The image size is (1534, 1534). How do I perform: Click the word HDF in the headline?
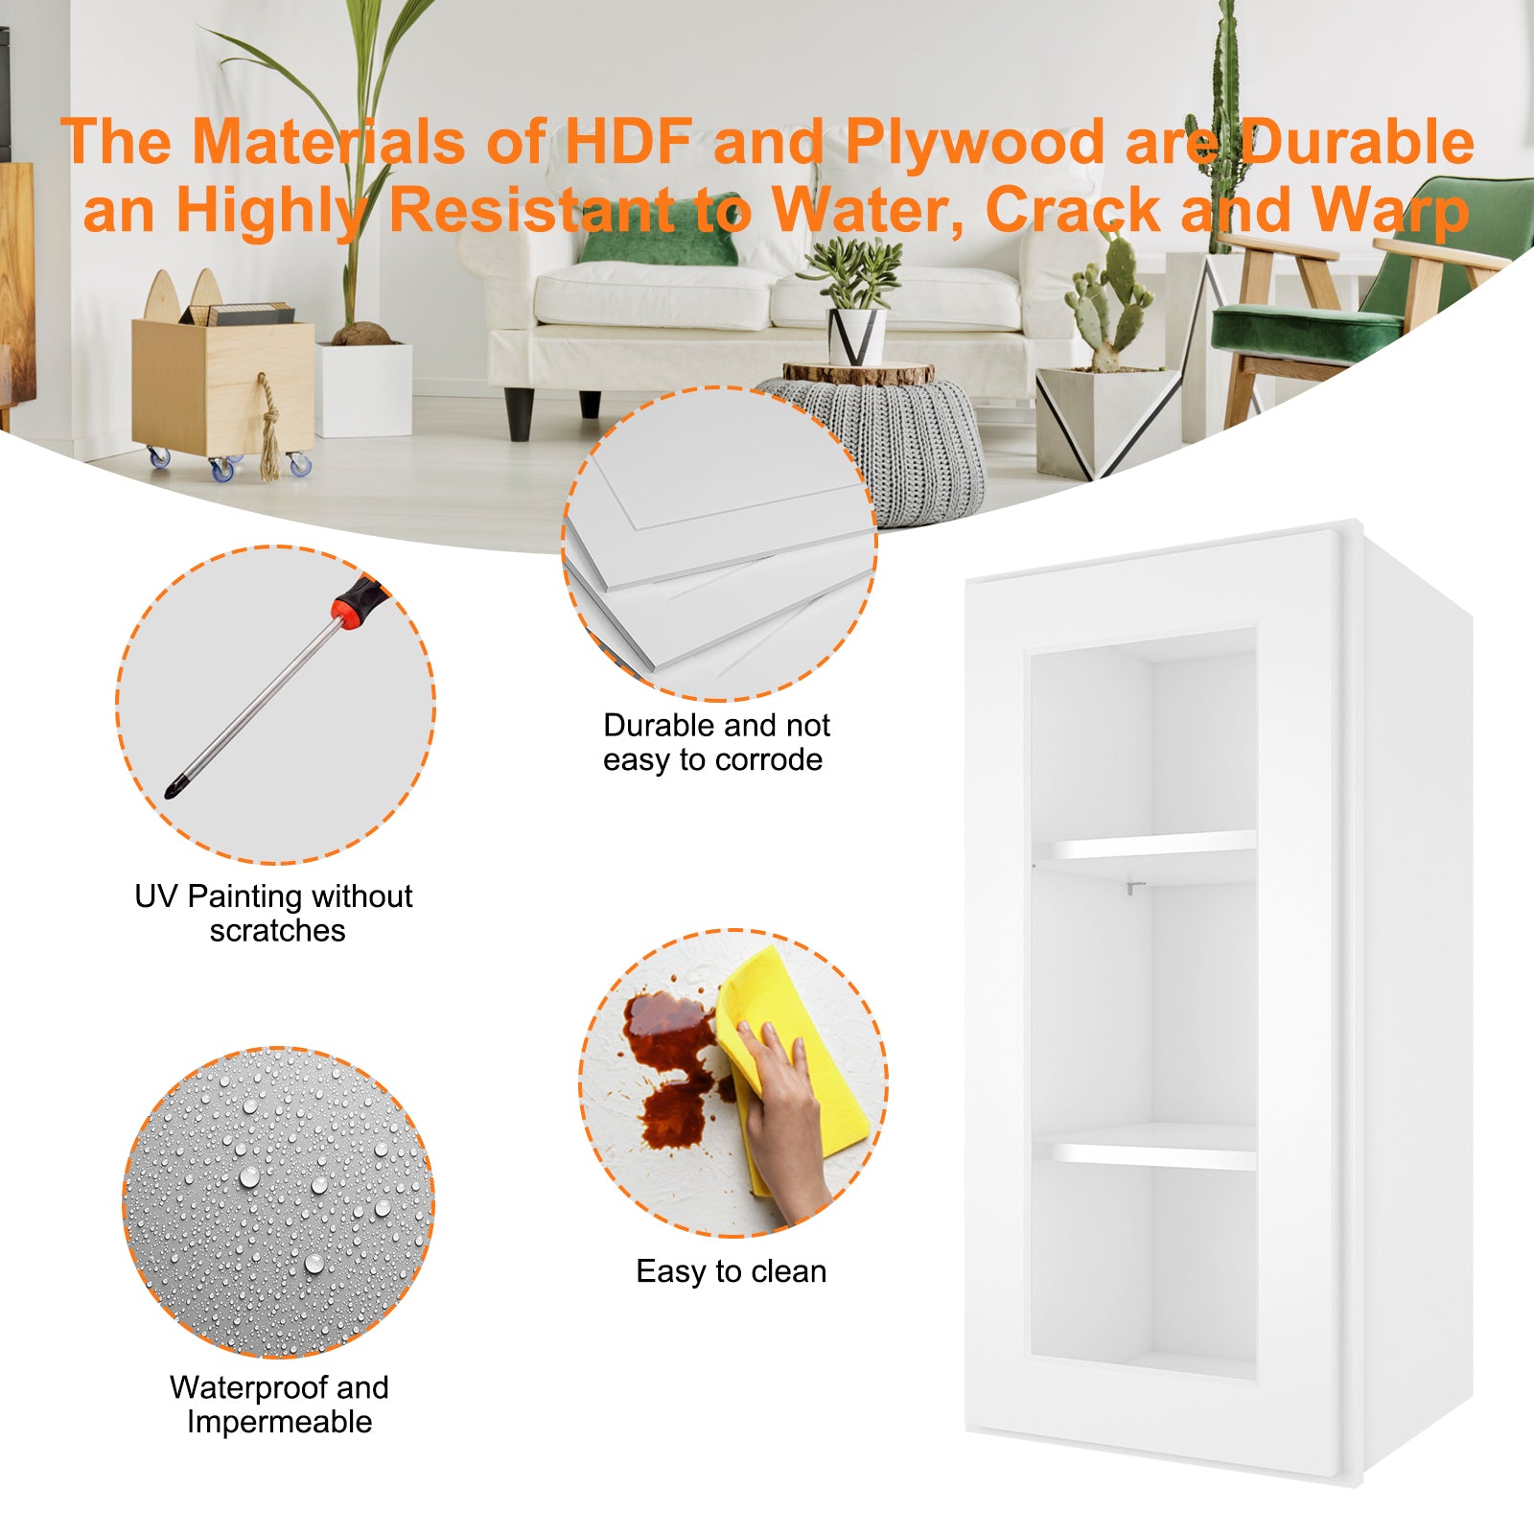tap(628, 142)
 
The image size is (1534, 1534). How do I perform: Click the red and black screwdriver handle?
tap(361, 601)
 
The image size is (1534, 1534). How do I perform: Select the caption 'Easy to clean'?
tap(731, 1271)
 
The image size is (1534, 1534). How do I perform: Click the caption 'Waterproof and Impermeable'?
tap(279, 1404)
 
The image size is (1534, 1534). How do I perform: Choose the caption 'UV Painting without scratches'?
tap(275, 913)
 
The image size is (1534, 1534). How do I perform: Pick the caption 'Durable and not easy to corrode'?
tap(715, 742)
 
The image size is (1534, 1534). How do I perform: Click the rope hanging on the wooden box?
tap(269, 427)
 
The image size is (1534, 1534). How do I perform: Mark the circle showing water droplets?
tap(278, 1202)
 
